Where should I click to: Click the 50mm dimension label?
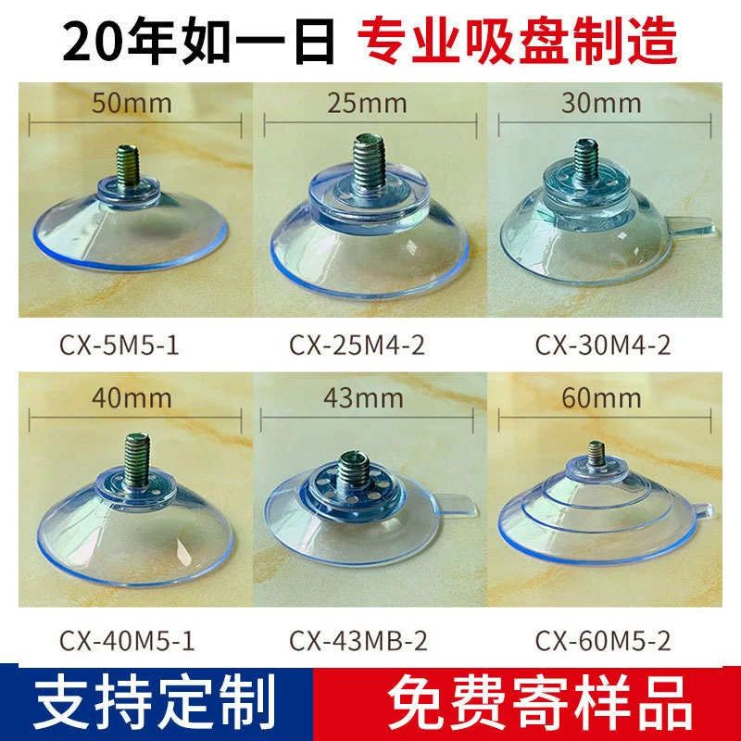point(132,103)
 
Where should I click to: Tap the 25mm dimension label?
point(367,103)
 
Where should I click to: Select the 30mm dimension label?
point(601,103)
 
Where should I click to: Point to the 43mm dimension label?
point(363,398)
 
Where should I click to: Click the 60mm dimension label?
point(601,398)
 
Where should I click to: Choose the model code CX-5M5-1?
point(119,345)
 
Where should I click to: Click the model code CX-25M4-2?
point(357,345)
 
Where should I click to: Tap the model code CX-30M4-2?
point(603,345)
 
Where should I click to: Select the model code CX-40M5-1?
point(127,641)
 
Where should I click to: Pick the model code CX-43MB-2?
point(358,641)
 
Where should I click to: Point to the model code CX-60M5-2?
point(603,641)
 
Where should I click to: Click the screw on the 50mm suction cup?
point(128,164)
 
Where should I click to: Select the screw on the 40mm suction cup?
point(137,459)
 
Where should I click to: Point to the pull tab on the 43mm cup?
point(458,504)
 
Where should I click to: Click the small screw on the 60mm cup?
point(597,454)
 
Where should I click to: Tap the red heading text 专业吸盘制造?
point(518,40)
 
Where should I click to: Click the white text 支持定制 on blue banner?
point(155,703)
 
